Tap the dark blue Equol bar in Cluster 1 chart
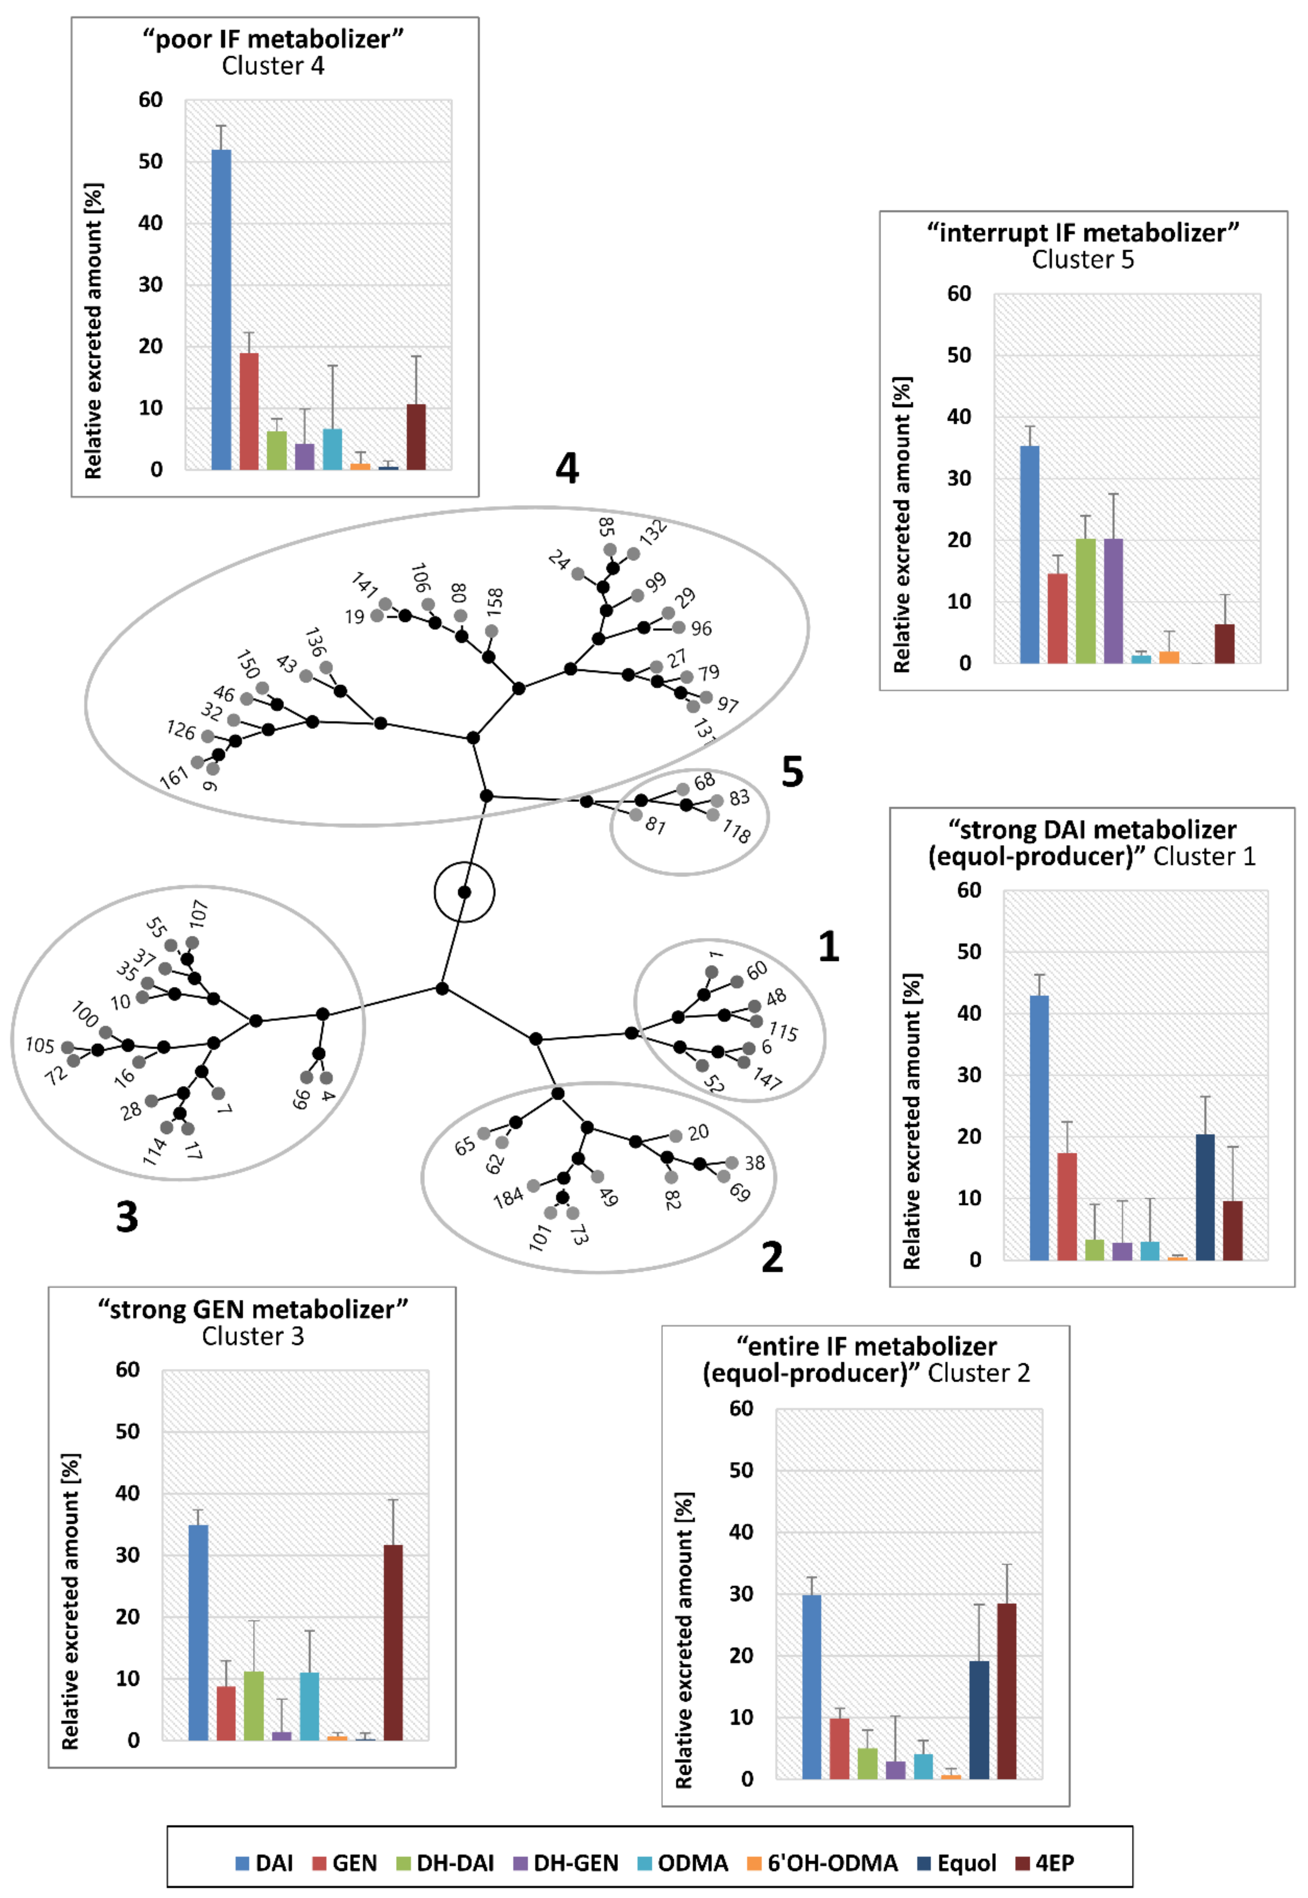pyautogui.click(x=1205, y=1196)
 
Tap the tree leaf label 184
pyautogui.click(x=508, y=1198)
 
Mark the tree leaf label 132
pyautogui.click(x=653, y=533)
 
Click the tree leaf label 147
pyautogui.click(x=767, y=1078)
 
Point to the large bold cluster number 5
pyautogui.click(x=792, y=772)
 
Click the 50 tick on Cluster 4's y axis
pyautogui.click(x=151, y=162)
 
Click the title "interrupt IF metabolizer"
pyautogui.click(x=1082, y=233)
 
